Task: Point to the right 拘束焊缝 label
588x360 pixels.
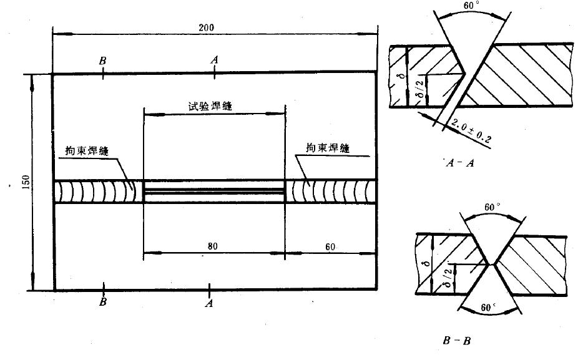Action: (x=326, y=148)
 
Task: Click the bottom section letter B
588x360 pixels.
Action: (x=104, y=303)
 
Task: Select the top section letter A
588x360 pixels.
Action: (x=214, y=59)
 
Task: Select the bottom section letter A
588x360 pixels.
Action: (x=210, y=303)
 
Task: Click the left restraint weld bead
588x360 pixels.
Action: (x=98, y=191)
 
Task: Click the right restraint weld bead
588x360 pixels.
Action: (x=330, y=191)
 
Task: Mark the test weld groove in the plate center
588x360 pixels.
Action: (x=214, y=191)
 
